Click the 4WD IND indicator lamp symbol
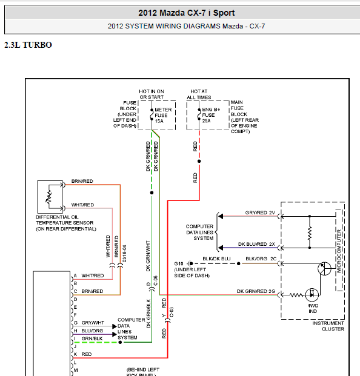point(312,295)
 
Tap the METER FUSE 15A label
point(163,115)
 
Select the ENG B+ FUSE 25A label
point(211,115)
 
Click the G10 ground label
point(179,264)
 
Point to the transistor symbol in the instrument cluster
point(324,268)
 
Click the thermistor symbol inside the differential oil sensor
point(48,197)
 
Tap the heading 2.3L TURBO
point(28,45)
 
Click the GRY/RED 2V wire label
point(260,213)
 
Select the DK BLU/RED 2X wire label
point(256,244)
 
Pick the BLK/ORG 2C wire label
point(261,259)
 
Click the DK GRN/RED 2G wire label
point(256,291)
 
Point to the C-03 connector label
point(172,312)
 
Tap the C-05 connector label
point(156,280)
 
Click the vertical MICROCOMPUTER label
point(339,251)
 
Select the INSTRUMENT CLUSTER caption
point(328,326)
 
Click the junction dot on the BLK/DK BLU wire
point(239,264)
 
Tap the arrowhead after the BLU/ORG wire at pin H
point(115,334)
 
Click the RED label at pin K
point(87,354)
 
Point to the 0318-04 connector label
point(124,254)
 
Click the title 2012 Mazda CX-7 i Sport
point(187,13)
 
